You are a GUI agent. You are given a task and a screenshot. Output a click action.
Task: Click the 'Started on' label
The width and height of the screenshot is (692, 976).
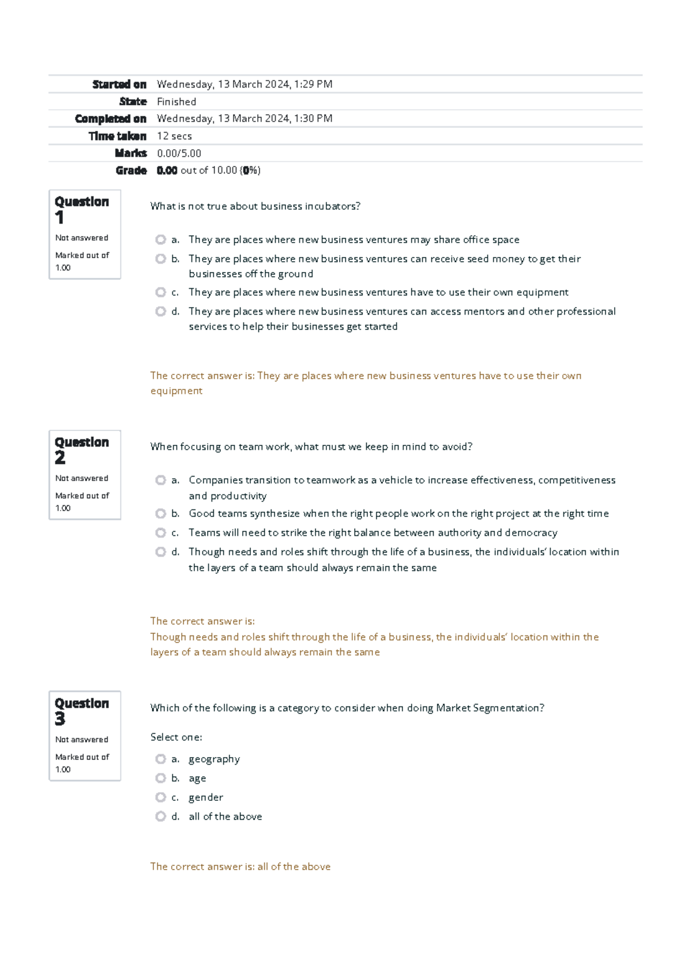coord(119,84)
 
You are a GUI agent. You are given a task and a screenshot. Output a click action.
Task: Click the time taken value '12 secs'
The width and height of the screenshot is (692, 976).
coord(174,136)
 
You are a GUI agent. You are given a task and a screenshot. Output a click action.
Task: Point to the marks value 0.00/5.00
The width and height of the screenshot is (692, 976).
coord(179,153)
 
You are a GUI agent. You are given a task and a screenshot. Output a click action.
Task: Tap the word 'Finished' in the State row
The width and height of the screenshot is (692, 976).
coord(176,101)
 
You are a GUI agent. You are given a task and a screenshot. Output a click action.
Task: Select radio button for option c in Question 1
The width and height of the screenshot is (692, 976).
coord(160,292)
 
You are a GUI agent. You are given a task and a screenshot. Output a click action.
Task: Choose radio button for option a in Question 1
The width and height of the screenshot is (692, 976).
coord(160,239)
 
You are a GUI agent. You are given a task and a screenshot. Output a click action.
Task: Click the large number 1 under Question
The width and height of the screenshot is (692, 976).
coord(59,218)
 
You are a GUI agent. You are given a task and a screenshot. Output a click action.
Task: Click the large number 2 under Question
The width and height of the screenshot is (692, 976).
coord(60,458)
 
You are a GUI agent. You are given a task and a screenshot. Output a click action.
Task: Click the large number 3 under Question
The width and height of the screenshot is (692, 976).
coord(60,719)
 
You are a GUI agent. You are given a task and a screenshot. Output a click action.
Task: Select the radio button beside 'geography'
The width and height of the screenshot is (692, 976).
coord(160,759)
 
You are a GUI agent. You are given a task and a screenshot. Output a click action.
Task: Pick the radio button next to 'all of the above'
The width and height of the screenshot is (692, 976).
coord(160,816)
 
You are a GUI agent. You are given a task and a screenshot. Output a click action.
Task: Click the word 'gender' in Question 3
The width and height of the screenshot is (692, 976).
coord(205,797)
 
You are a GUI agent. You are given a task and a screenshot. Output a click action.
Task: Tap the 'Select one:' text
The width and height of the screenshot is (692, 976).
coord(176,737)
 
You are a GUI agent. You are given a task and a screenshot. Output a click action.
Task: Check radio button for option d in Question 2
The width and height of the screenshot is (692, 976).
coord(160,552)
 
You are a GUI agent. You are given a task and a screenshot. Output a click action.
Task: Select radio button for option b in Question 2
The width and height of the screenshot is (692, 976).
coord(160,513)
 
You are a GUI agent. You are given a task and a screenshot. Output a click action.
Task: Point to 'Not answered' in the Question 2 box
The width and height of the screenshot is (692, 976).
coord(81,478)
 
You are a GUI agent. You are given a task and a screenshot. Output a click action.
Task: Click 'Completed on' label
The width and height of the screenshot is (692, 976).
coord(111,119)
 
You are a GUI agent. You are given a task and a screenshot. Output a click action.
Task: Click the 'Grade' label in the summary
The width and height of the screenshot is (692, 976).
coord(131,171)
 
